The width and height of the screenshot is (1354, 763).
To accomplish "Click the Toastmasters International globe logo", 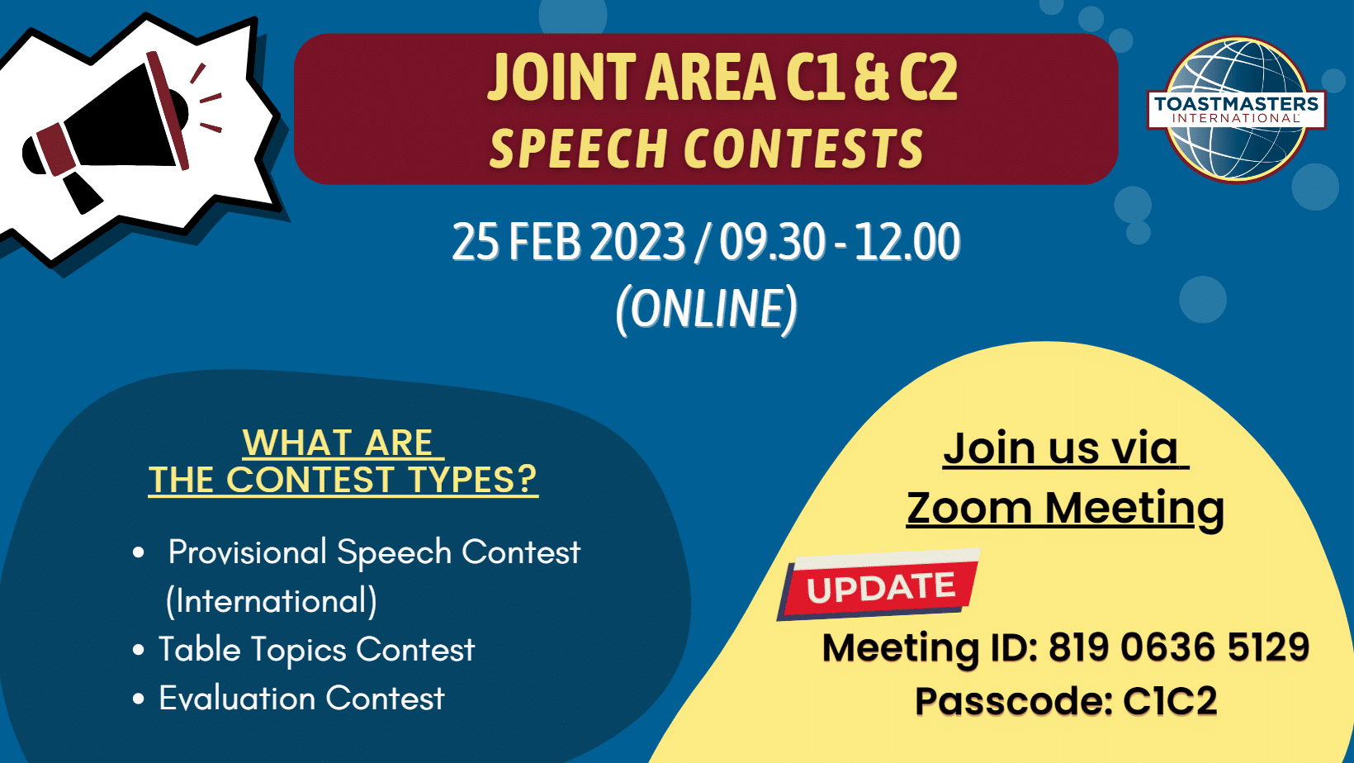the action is (x=1237, y=109).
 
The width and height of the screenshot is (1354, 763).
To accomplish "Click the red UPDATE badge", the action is (x=878, y=585).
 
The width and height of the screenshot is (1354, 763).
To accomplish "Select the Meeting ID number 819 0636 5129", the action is (x=1179, y=647).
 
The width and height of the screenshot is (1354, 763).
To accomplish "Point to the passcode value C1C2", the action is (x=1170, y=701).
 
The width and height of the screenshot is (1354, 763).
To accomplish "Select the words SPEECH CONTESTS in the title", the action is (x=707, y=149).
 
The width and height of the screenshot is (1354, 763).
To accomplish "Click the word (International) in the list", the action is (x=272, y=601).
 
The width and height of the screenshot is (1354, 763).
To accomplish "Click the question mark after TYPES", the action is (x=527, y=479).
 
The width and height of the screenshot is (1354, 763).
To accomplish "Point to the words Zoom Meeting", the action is (x=1065, y=508).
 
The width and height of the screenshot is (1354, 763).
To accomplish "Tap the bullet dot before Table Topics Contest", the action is (x=139, y=651).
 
